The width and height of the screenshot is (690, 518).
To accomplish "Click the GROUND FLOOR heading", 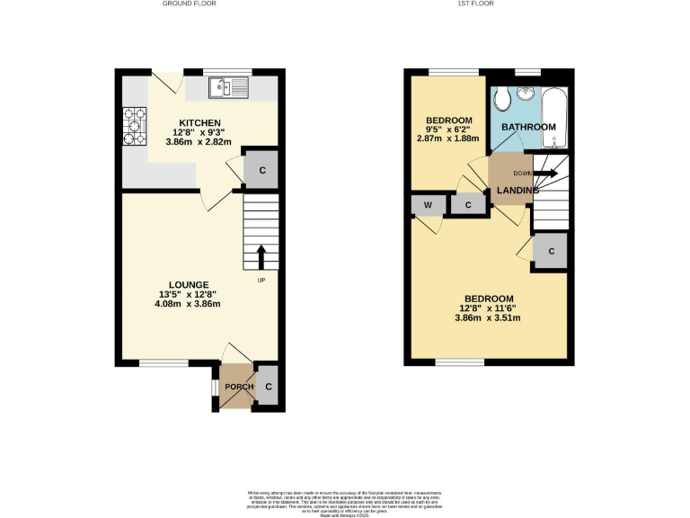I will click(189, 4).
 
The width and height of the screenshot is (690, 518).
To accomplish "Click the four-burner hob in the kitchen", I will click(135, 126).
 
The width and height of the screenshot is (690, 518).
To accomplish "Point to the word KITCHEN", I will click(200, 123).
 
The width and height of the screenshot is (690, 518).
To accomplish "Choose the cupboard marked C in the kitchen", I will click(261, 170).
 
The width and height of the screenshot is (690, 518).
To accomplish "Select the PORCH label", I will click(238, 387).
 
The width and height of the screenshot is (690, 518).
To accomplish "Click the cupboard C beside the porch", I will click(269, 387).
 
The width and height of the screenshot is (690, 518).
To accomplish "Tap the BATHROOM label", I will click(528, 127).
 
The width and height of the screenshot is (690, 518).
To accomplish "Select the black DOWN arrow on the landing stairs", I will click(546, 173).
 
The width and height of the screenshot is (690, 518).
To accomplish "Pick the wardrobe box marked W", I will click(428, 205).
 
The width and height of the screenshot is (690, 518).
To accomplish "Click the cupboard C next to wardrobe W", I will click(468, 205).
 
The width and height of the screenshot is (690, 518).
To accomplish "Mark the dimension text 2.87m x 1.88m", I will click(447, 138).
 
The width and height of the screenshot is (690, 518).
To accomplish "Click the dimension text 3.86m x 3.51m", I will click(488, 317).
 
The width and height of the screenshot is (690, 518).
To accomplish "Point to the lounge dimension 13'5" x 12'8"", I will click(187, 294).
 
